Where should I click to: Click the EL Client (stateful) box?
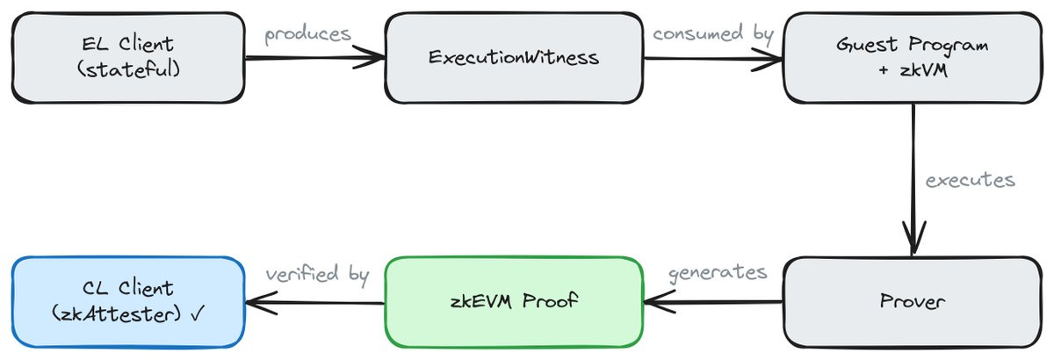click(126, 57)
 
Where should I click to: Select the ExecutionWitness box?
click(514, 58)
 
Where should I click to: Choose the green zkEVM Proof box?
click(514, 302)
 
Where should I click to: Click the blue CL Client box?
click(126, 301)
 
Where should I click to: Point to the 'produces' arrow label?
click(307, 34)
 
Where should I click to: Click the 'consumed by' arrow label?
click(712, 34)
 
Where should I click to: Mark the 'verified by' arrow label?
click(317, 274)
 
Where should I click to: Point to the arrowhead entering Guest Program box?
click(774, 60)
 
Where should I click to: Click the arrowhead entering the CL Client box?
click(255, 303)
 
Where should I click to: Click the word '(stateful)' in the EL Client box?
click(127, 69)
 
